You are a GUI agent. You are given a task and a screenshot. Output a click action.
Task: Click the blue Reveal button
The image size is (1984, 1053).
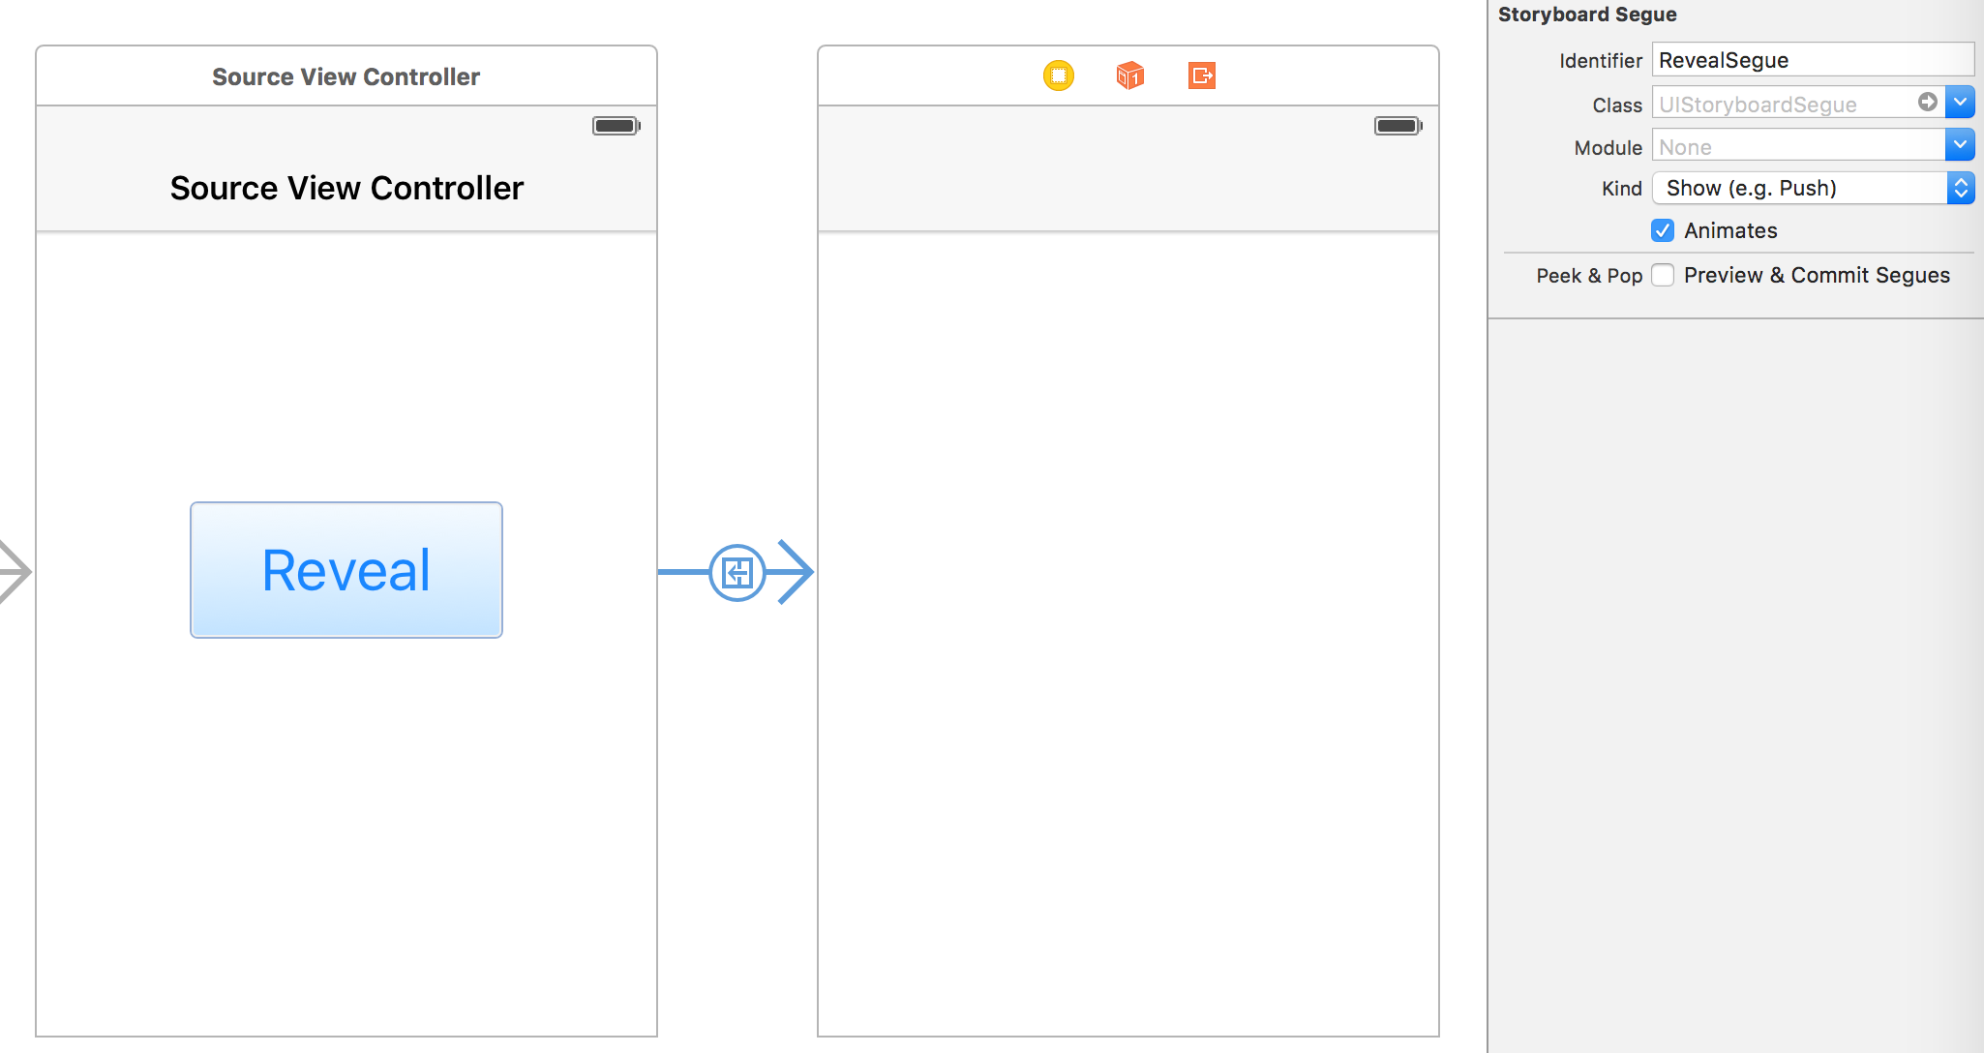tap(346, 570)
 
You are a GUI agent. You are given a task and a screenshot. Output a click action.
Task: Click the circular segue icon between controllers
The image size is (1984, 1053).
tap(737, 573)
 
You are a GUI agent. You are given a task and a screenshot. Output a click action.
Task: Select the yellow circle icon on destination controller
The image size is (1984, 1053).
tap(1059, 75)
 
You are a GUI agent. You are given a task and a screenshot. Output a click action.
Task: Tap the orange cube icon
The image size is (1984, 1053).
tap(1130, 75)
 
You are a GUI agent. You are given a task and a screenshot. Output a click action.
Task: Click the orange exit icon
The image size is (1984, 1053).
tap(1202, 75)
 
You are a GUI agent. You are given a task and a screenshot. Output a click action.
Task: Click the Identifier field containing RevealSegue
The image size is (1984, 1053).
tap(1812, 60)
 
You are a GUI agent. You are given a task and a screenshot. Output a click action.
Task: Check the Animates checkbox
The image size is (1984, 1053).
tap(1663, 230)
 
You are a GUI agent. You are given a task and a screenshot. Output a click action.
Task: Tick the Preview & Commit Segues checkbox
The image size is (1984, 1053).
tap(1663, 276)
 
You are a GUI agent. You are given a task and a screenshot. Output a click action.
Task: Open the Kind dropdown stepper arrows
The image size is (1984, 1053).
tap(1961, 188)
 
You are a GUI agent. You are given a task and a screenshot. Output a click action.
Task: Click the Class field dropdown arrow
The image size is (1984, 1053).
tap(1960, 103)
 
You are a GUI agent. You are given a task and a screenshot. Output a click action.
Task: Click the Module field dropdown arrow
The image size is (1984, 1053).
tap(1960, 146)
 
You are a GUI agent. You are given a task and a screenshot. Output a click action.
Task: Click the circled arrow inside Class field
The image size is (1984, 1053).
tap(1928, 102)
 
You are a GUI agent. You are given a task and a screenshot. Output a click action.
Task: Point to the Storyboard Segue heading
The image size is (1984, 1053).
tap(1587, 15)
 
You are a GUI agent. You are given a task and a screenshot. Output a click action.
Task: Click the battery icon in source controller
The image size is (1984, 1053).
tap(616, 126)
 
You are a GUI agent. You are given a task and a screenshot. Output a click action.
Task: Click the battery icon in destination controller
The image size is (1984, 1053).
tap(1398, 126)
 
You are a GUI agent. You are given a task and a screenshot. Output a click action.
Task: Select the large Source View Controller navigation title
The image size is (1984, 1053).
tap(346, 188)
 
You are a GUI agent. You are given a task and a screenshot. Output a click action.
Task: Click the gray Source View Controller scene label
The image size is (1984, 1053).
tap(346, 76)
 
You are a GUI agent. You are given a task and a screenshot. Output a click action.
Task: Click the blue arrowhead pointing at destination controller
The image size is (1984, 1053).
tap(796, 572)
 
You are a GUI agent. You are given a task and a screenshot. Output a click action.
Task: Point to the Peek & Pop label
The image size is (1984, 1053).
tap(1589, 276)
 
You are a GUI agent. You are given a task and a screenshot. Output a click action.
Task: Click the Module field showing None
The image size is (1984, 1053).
tap(1798, 147)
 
